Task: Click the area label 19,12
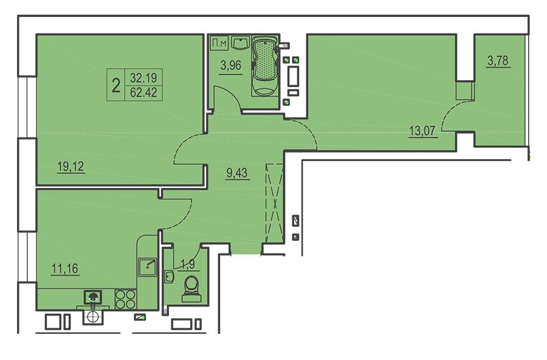(x=71, y=167)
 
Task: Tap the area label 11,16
(x=65, y=269)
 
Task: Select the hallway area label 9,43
(x=237, y=173)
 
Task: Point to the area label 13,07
(x=422, y=131)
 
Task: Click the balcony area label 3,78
(x=498, y=61)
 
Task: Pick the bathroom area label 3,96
(x=230, y=65)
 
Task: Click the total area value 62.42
(x=143, y=92)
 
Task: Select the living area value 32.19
(x=143, y=77)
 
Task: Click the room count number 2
(x=116, y=85)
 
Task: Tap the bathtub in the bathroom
(x=265, y=66)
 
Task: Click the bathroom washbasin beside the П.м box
(x=239, y=43)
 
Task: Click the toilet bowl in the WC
(x=191, y=289)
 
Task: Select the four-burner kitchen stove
(x=126, y=299)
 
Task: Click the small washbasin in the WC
(x=169, y=277)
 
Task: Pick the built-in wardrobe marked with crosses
(x=274, y=202)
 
